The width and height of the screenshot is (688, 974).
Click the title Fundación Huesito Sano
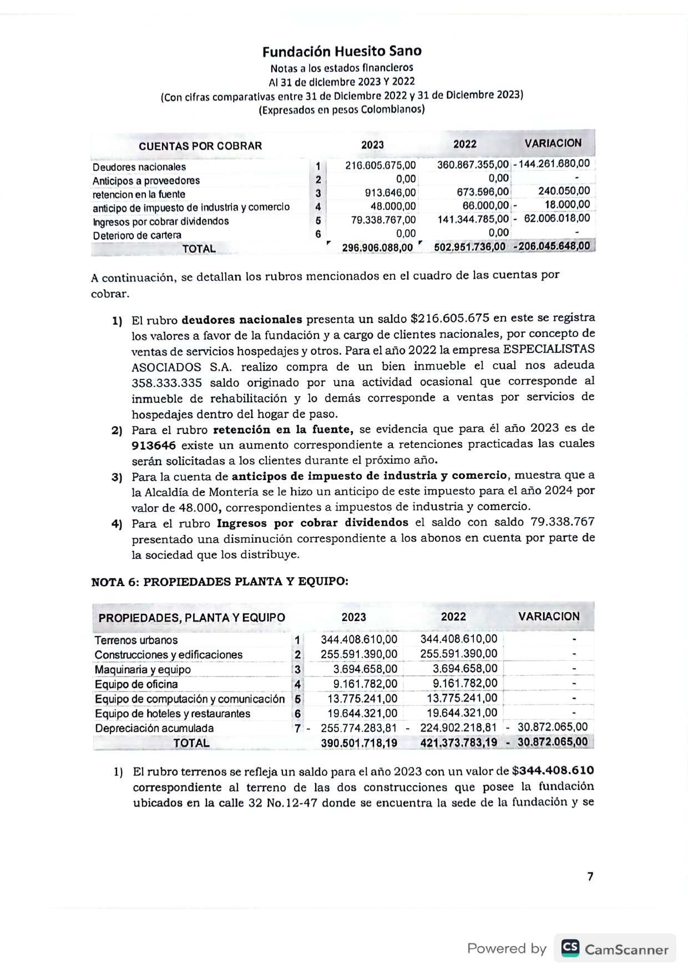pos(342,52)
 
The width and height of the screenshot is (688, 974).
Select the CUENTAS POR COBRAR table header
pos(200,146)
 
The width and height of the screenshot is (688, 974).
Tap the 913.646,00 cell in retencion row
pos(390,193)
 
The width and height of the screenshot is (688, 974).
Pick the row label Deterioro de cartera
pos(137,235)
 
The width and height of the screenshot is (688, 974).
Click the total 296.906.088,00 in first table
pos(377,248)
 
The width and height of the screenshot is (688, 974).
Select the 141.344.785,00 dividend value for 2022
pos(473,219)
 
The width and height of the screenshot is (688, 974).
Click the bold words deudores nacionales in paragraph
pos(241,320)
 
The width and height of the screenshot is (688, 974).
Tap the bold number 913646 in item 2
pos(154,445)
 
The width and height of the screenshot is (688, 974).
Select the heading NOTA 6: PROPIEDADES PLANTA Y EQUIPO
pos(220,582)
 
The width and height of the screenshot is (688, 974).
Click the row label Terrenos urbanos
pos(136,640)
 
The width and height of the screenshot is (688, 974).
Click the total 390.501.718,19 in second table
pos(359,743)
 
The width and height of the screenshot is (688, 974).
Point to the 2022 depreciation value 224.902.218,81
pos(459,728)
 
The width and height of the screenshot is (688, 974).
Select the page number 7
pos(590,876)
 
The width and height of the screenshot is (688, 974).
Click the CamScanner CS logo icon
pos(570,948)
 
